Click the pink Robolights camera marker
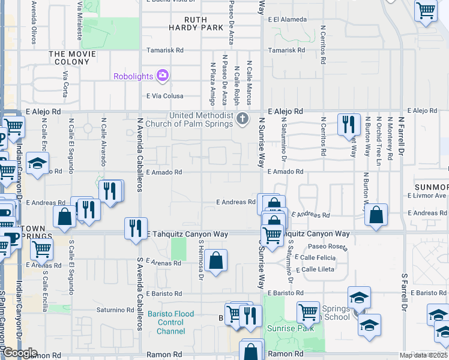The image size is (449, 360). [162, 76]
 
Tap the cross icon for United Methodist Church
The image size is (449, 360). [243, 118]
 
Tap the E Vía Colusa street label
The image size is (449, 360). [164, 95]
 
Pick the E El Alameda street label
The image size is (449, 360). [288, 19]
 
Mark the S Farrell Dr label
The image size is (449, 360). [405, 288]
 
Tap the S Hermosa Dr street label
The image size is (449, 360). [200, 260]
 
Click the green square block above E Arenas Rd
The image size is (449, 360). [178, 248]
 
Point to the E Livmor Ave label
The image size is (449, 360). [427, 196]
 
